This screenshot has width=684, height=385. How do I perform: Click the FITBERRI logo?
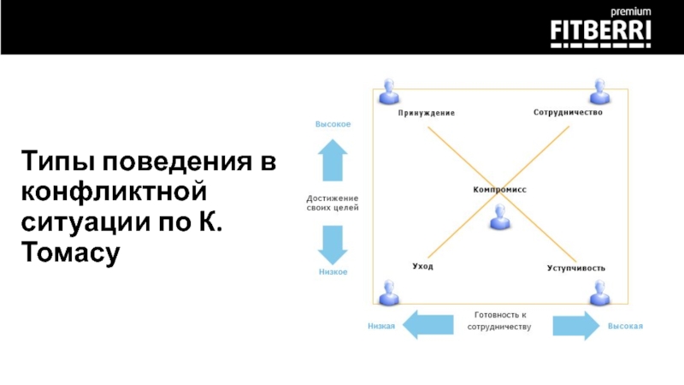coord(601,32)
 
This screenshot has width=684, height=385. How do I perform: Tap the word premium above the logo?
coord(631,11)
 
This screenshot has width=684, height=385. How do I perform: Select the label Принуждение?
coord(426,113)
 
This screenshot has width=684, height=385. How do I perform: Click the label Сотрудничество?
coord(569,112)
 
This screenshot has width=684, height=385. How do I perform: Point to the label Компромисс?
coord(499,189)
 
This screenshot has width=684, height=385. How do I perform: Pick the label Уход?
coord(422,267)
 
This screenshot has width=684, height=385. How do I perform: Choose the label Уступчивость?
coord(576,268)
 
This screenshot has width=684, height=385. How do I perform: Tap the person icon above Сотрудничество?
coord(598,91)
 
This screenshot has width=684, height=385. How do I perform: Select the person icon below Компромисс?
coord(499,218)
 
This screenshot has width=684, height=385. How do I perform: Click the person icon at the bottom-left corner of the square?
coord(391,292)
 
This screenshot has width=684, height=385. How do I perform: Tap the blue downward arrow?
coord(333,245)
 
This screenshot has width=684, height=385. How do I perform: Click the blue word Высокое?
coord(333,125)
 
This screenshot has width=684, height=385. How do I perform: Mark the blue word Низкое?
coord(333,272)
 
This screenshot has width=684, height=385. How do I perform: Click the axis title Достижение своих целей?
coord(333,203)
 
